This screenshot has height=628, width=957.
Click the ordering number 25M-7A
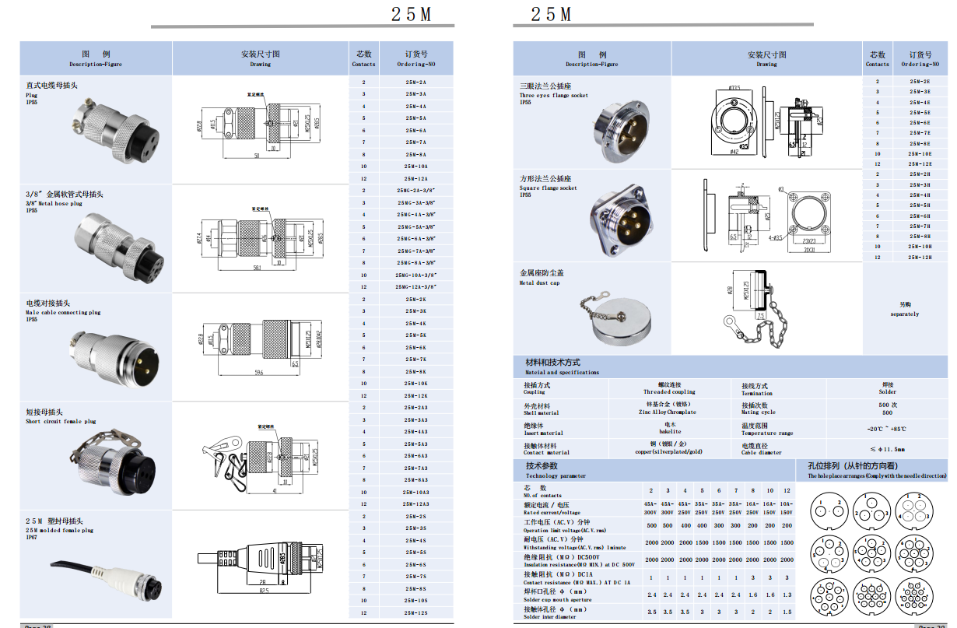[415, 142]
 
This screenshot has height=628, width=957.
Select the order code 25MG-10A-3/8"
[415, 275]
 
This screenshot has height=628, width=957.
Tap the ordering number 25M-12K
[415, 395]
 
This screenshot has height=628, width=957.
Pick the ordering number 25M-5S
[415, 552]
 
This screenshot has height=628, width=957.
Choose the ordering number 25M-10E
[920, 154]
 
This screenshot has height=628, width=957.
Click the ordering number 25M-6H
[920, 216]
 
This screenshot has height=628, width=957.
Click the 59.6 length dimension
[258, 373]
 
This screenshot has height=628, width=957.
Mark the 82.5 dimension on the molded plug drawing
[265, 591]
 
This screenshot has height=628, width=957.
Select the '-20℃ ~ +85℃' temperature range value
[887, 429]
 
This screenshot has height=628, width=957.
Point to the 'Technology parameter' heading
[556, 475]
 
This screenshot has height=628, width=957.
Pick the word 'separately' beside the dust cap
[904, 314]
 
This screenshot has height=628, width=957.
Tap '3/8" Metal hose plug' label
[54, 203]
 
